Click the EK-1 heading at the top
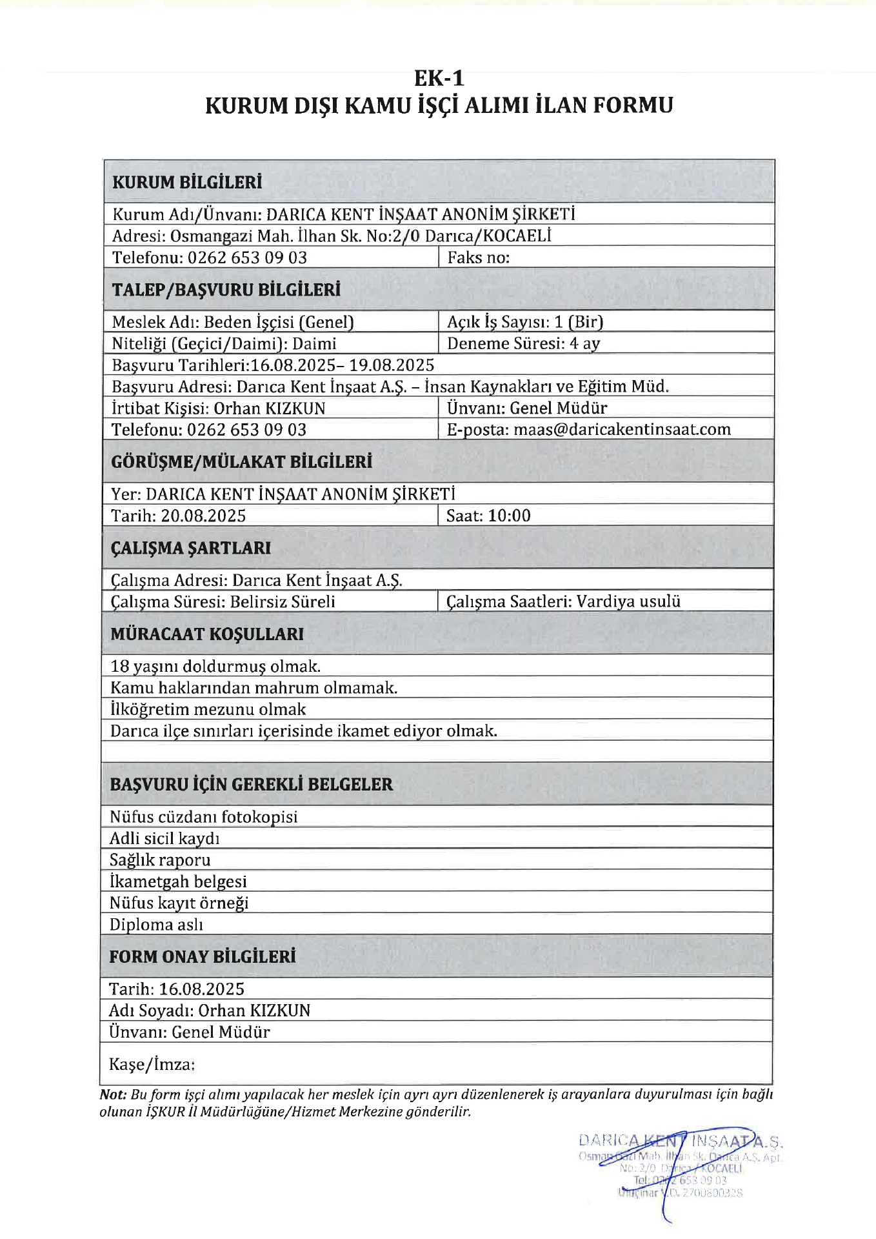coord(439,78)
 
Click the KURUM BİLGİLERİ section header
coord(187,183)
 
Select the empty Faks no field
coord(606,257)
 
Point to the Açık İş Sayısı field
coord(525,321)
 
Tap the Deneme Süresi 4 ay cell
coord(523,343)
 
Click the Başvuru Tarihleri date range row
coord(273,365)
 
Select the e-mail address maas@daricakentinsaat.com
coord(622,429)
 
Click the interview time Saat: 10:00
coord(488,516)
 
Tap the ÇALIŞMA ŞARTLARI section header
coord(190,548)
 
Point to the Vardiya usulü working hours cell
coord(563,601)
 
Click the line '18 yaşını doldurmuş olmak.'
coord(215,666)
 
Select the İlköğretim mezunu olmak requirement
coord(208,709)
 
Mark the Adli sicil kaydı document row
coord(164,838)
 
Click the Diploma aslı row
coord(156,925)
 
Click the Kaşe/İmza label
coord(152,1064)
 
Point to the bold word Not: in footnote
coord(113,1095)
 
